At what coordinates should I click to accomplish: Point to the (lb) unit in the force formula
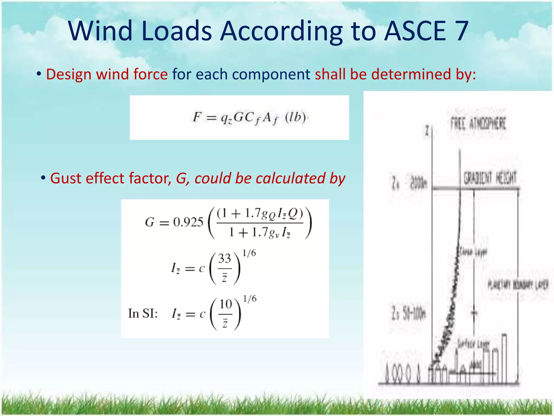coord(295,118)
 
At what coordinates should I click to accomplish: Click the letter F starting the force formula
coord(197,118)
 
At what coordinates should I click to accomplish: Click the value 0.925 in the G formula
coord(188,222)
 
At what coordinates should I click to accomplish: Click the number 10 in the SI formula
coord(225,304)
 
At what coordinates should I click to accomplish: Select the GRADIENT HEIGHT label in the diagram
coord(490,178)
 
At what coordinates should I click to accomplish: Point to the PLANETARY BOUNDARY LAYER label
coord(518,285)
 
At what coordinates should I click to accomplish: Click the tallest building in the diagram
coord(504,357)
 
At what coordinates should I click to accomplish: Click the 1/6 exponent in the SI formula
coord(249,299)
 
